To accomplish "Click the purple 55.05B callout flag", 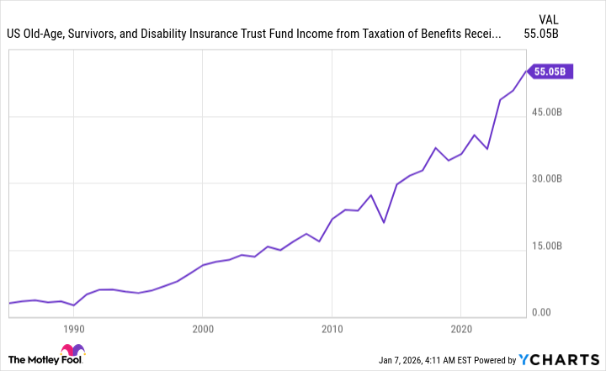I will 551,72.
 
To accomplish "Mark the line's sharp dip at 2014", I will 384,223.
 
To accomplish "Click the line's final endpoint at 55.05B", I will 526,72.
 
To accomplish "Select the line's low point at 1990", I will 74,305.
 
